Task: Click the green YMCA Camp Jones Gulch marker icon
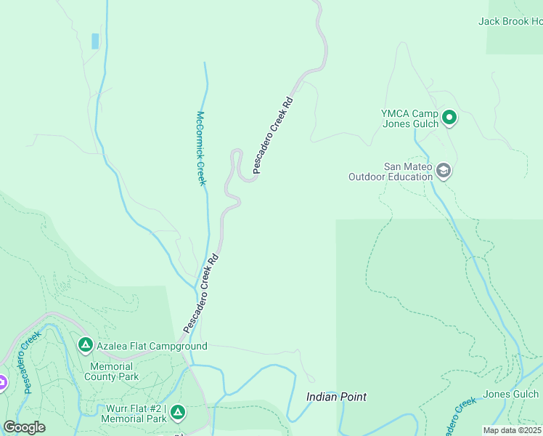(x=449, y=117)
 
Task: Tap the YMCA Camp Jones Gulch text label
(x=410, y=118)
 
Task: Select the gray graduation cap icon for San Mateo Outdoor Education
(x=444, y=171)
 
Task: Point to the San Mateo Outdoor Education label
(x=390, y=171)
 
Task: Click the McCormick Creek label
(x=202, y=148)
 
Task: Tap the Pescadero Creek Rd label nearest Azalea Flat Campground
(x=201, y=293)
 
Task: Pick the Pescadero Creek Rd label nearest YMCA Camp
(x=273, y=135)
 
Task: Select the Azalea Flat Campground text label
(x=152, y=346)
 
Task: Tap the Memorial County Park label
(x=111, y=371)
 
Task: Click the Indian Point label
(x=336, y=397)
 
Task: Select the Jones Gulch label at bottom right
(x=512, y=394)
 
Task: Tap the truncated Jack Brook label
(x=510, y=21)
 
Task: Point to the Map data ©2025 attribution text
(x=513, y=430)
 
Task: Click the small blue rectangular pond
(x=95, y=41)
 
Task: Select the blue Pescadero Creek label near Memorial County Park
(x=30, y=362)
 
